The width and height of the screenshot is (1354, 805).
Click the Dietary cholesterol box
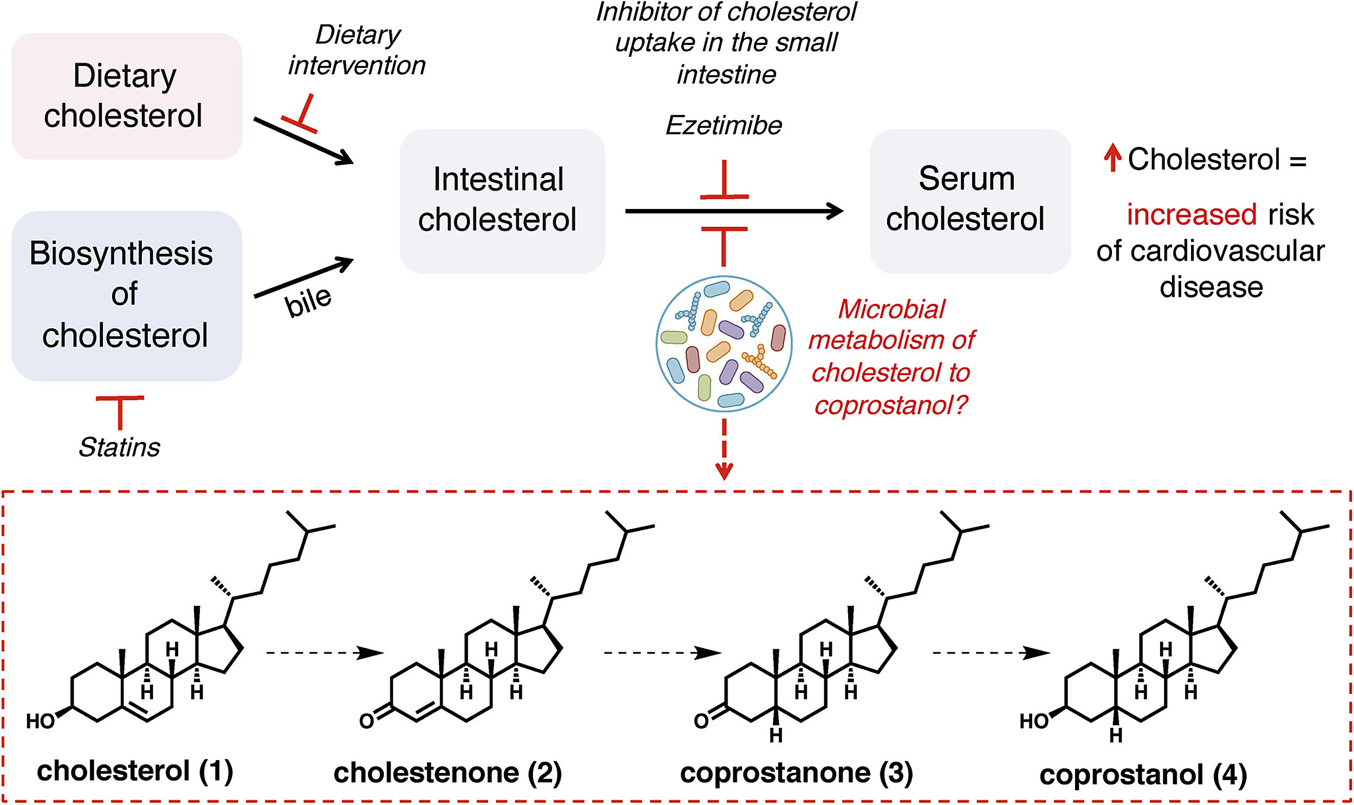[126, 96]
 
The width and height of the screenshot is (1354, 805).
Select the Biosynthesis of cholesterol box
[126, 296]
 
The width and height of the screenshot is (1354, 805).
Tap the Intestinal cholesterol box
[502, 201]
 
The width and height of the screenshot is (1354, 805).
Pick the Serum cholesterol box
[969, 201]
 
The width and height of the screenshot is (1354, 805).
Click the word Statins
[119, 448]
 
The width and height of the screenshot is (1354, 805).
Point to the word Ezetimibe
[724, 126]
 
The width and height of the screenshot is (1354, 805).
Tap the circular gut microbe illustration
[724, 343]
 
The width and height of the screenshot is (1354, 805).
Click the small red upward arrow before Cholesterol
[1112, 158]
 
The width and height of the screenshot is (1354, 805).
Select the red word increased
[1191, 214]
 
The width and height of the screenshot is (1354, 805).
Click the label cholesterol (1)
[134, 771]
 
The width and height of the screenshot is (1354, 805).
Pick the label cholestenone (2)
[447, 773]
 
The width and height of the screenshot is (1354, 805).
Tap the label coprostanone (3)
[796, 773]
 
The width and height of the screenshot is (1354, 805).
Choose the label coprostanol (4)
[1143, 775]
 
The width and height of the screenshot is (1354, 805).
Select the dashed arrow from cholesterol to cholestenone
[324, 652]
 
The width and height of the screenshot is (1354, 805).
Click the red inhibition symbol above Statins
[120, 413]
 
